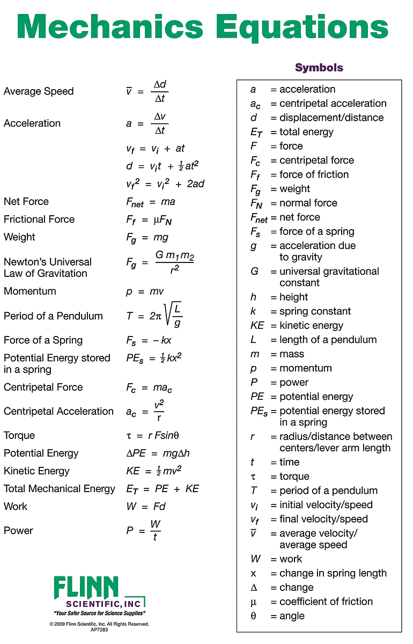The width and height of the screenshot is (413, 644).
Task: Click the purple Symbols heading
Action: (x=319, y=68)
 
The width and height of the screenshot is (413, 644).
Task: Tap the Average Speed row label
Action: (x=39, y=91)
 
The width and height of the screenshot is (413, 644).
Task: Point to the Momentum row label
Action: (x=30, y=291)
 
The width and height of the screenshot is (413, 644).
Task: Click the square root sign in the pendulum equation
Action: (x=167, y=316)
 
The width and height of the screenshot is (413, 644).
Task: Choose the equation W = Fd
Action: (x=146, y=507)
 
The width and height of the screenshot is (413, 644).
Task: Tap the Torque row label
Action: (x=19, y=435)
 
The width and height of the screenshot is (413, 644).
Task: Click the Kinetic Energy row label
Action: (x=36, y=471)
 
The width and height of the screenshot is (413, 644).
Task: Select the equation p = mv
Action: (x=145, y=291)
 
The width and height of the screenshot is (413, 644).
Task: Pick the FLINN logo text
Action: (x=86, y=588)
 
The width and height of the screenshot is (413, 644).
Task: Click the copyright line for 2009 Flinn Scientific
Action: (x=99, y=624)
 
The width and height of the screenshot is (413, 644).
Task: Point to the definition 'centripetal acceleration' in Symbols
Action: (x=333, y=104)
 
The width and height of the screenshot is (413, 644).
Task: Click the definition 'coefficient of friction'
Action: (x=326, y=602)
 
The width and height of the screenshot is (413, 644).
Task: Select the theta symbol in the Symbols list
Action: (x=254, y=616)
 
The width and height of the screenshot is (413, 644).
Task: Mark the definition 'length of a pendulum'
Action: (x=328, y=340)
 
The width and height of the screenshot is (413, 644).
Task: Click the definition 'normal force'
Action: (x=308, y=203)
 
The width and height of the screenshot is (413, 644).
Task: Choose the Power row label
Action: (x=18, y=531)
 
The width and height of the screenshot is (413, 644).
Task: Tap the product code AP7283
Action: (x=99, y=630)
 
